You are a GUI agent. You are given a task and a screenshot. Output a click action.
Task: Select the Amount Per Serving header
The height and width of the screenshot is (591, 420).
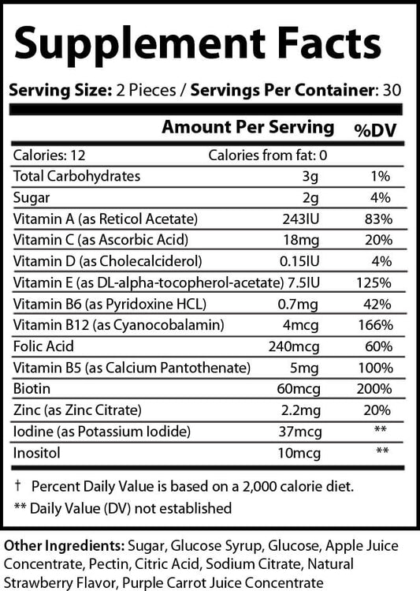(247, 127)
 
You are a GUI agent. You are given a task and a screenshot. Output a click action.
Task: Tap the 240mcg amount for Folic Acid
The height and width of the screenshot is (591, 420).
(298, 346)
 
